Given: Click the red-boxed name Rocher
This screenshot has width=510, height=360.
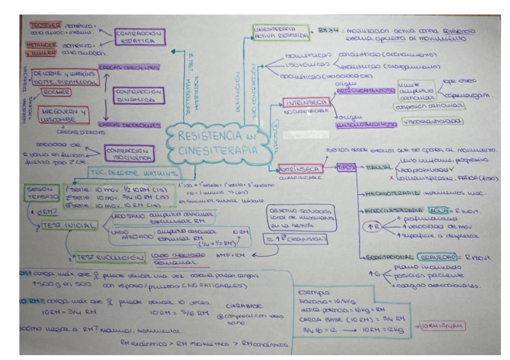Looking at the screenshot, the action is coord(55,91).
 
